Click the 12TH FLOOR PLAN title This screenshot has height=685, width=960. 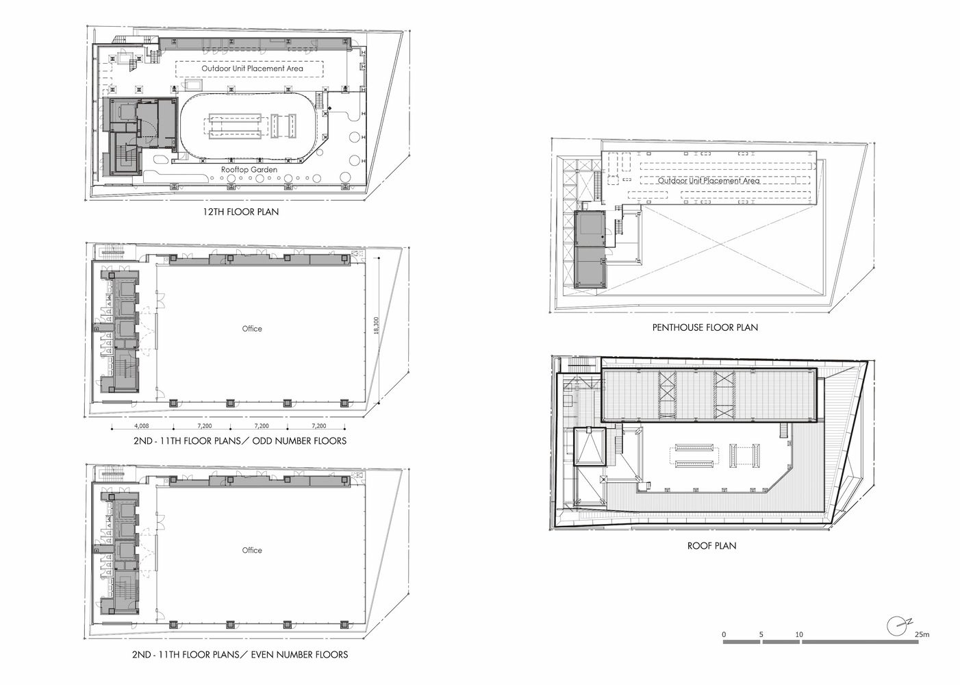[240, 212]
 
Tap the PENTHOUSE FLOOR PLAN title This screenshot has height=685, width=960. [705, 327]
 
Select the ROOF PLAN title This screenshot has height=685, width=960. [711, 546]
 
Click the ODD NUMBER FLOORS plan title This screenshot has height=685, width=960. [240, 440]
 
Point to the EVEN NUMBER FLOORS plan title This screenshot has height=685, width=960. [240, 655]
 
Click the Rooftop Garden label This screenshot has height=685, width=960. [249, 170]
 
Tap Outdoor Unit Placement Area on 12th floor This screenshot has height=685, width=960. [252, 68]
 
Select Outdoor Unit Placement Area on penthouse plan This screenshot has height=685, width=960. [709, 181]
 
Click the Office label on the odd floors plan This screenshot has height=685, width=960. [252, 329]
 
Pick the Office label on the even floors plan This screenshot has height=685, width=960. [252, 551]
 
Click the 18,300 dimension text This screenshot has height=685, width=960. [377, 326]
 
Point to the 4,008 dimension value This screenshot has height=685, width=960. [142, 425]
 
